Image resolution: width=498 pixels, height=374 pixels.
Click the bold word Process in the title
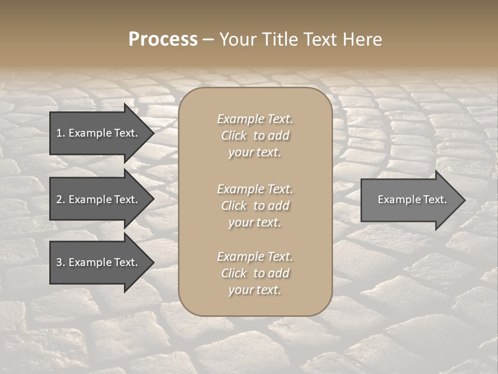[163, 39]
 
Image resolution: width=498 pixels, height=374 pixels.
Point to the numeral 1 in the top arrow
[59, 133]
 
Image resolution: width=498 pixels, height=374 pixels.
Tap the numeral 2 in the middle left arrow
[59, 199]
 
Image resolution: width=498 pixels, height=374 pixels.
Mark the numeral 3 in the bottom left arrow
[59, 262]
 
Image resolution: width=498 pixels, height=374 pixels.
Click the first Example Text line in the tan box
[255, 119]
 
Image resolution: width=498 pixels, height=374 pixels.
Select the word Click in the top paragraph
[233, 136]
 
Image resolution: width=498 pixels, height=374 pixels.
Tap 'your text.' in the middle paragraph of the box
[255, 222]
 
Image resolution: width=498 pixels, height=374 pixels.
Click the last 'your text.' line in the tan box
[255, 290]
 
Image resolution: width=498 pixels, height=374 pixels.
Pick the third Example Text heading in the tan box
[255, 257]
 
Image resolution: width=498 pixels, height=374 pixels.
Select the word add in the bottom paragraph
[279, 273]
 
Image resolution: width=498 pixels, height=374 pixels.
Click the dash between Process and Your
[208, 39]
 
